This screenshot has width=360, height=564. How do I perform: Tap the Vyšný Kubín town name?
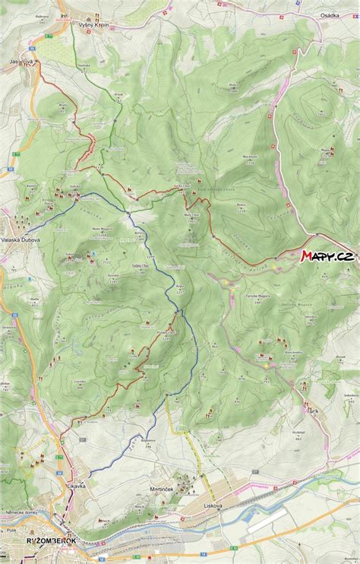(94, 24)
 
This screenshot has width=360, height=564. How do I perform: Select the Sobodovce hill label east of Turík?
(350, 395)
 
